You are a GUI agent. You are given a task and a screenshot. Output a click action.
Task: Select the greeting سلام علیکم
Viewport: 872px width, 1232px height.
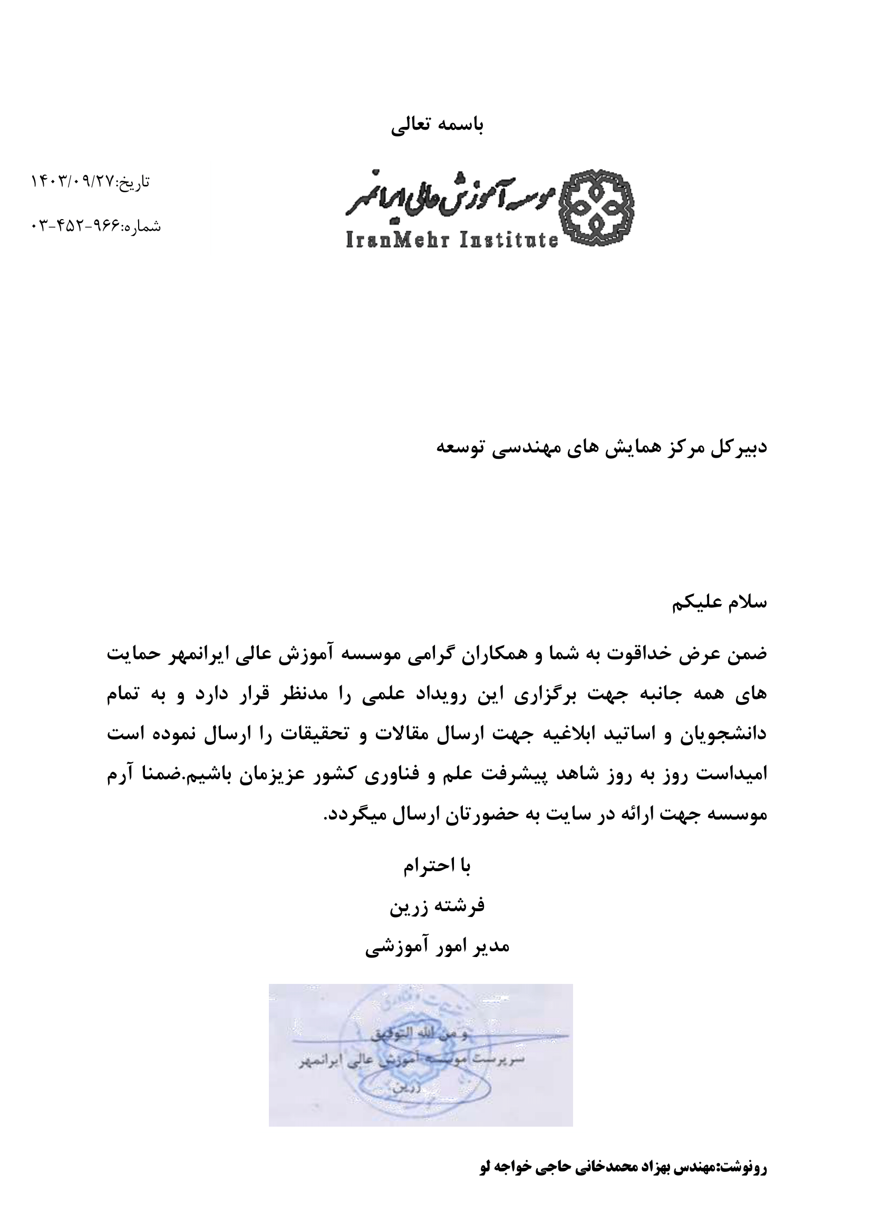click(720, 603)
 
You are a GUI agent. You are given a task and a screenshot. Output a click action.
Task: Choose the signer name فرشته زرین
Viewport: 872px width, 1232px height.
click(437, 905)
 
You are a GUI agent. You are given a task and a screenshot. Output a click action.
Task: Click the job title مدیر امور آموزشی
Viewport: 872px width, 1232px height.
click(437, 946)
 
